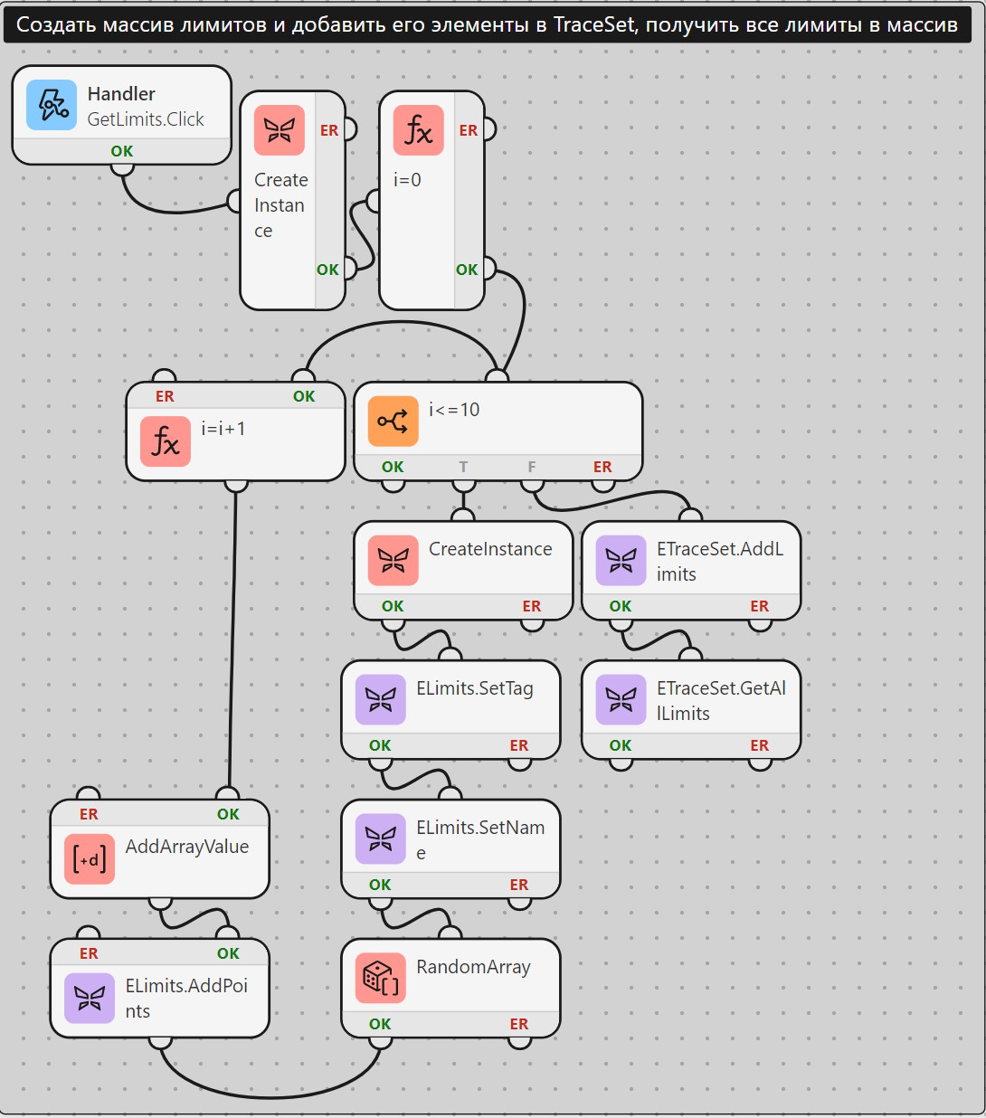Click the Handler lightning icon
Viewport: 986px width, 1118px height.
[52, 105]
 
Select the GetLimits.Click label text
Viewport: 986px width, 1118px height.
[146, 119]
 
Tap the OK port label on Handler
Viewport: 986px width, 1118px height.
[122, 151]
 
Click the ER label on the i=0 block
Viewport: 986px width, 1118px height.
[469, 130]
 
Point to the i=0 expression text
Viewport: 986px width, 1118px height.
[407, 180]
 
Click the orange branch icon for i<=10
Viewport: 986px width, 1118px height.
[393, 421]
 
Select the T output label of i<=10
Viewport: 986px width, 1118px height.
[463, 467]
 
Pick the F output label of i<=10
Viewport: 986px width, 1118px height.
[532, 467]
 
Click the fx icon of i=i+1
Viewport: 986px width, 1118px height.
[165, 441]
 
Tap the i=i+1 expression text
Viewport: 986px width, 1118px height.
[223, 429]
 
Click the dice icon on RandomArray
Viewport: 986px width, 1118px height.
[380, 978]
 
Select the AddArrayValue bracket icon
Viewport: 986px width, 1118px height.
[90, 859]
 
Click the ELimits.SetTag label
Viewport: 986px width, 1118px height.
[475, 688]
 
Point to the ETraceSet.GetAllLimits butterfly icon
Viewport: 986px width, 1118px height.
[621, 700]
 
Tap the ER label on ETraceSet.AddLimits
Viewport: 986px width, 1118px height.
[759, 606]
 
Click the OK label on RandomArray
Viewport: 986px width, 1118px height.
[380, 1024]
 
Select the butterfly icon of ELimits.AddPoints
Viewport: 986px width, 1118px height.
[90, 999]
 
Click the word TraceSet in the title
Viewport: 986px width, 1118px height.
[593, 24]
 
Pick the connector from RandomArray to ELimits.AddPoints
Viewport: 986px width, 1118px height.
[270, 1097]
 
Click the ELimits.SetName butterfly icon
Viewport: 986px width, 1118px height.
[380, 838]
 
